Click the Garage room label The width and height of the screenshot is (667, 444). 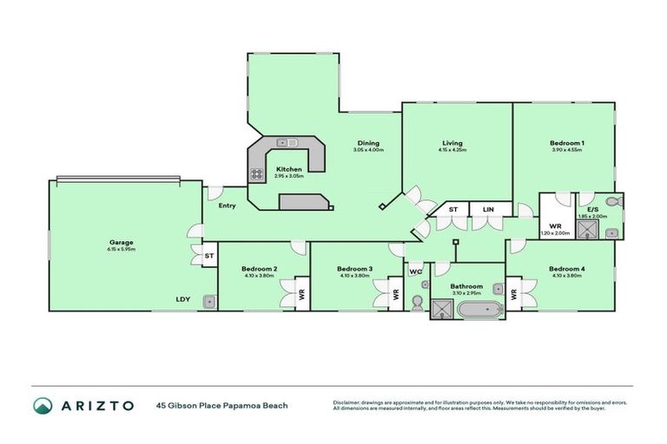click(x=121, y=242)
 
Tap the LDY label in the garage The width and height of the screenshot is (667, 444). click(x=182, y=299)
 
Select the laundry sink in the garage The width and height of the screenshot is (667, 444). click(x=209, y=301)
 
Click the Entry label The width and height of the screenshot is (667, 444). click(x=227, y=206)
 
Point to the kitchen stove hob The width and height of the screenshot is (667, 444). click(x=258, y=173)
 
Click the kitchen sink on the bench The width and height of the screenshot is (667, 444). click(x=287, y=142)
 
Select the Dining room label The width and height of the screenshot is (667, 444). click(x=368, y=143)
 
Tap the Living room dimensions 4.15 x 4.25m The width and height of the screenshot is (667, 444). click(x=452, y=150)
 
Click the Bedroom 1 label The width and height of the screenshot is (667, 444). click(x=566, y=143)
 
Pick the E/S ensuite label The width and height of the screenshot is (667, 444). click(x=592, y=209)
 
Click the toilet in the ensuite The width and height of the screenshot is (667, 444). click(x=613, y=201)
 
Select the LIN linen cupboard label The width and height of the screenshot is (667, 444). click(x=488, y=209)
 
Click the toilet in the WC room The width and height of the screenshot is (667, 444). click(x=417, y=302)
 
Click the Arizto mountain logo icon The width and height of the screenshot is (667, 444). click(x=43, y=406)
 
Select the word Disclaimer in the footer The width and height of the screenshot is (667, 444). click(x=347, y=402)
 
